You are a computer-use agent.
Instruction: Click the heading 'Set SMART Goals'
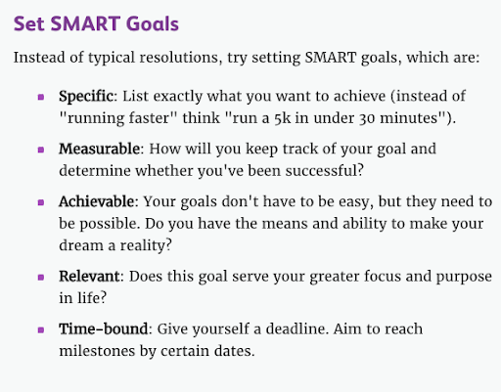tap(96, 23)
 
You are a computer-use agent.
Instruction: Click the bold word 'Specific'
tap(86, 97)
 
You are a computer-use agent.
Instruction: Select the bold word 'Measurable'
tap(100, 149)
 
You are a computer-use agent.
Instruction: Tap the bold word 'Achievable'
tap(96, 201)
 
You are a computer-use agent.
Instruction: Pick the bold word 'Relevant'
tap(89, 277)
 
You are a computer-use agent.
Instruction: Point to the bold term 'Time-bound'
tap(104, 328)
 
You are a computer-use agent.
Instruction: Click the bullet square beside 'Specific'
tap(41, 97)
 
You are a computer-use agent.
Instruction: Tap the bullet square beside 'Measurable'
tap(41, 150)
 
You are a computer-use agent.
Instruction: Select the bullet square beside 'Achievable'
tap(41, 202)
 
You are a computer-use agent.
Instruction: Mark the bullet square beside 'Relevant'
tap(41, 278)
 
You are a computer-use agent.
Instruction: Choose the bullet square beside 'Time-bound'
tap(41, 329)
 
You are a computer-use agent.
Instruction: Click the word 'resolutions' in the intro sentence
tap(179, 58)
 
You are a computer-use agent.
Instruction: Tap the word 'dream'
tap(81, 245)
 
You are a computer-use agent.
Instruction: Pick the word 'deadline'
tap(296, 328)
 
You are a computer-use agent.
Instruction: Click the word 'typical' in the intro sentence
tap(112, 58)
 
